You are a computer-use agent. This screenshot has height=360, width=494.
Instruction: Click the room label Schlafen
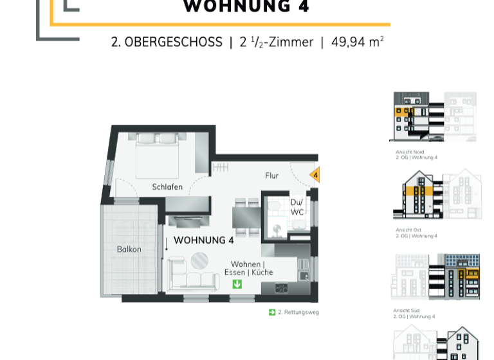click(167, 187)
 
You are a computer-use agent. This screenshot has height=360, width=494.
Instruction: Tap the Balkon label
click(129, 249)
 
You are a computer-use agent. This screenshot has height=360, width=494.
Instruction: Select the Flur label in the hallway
click(272, 175)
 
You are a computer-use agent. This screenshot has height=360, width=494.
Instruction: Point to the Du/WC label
click(297, 206)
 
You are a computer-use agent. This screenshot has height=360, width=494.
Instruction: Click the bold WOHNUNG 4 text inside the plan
click(203, 240)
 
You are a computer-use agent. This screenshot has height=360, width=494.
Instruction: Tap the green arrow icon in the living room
click(237, 283)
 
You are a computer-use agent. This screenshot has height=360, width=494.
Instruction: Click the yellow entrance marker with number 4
click(315, 175)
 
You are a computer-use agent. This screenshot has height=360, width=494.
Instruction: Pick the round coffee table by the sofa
click(199, 260)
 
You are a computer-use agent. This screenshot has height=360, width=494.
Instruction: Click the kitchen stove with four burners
click(282, 288)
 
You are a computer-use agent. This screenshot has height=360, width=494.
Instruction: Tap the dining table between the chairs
click(246, 217)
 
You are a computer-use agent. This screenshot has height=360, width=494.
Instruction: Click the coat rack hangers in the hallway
click(221, 168)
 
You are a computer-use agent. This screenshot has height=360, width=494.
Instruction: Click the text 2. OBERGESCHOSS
click(167, 42)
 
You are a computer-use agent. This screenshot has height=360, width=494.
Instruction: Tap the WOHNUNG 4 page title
click(246, 7)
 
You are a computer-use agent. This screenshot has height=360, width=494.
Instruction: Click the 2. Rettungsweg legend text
click(298, 312)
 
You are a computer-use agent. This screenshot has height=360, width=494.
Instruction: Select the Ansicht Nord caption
click(410, 152)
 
